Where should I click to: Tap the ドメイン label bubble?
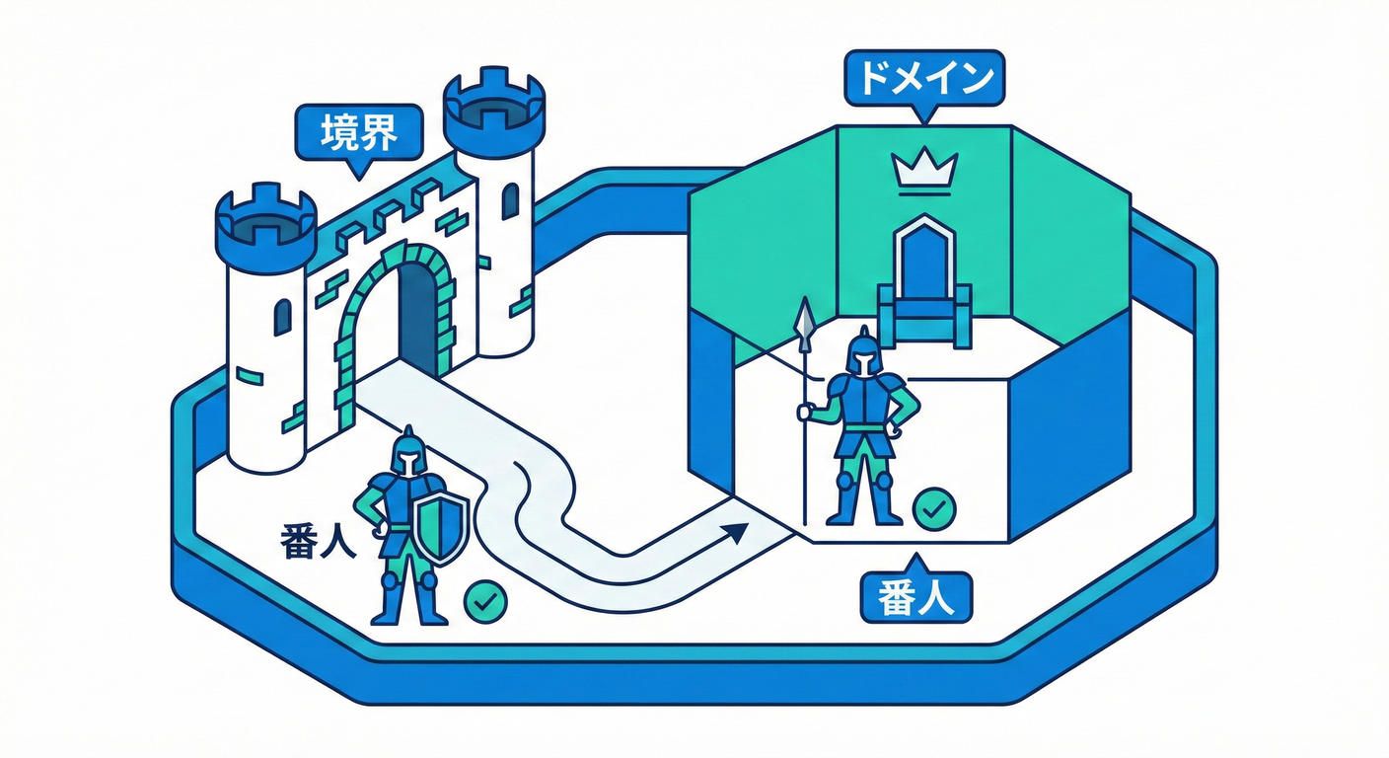click(924, 78)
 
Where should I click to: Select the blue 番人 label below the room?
click(916, 595)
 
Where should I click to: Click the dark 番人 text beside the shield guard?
click(318, 541)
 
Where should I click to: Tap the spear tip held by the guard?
click(806, 317)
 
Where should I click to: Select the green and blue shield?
click(441, 528)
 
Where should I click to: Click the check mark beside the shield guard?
click(485, 601)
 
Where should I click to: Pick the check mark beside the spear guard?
click(934, 508)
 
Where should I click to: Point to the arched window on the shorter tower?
click(282, 317)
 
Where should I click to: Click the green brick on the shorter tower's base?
click(250, 375)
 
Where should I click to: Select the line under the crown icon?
click(924, 194)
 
